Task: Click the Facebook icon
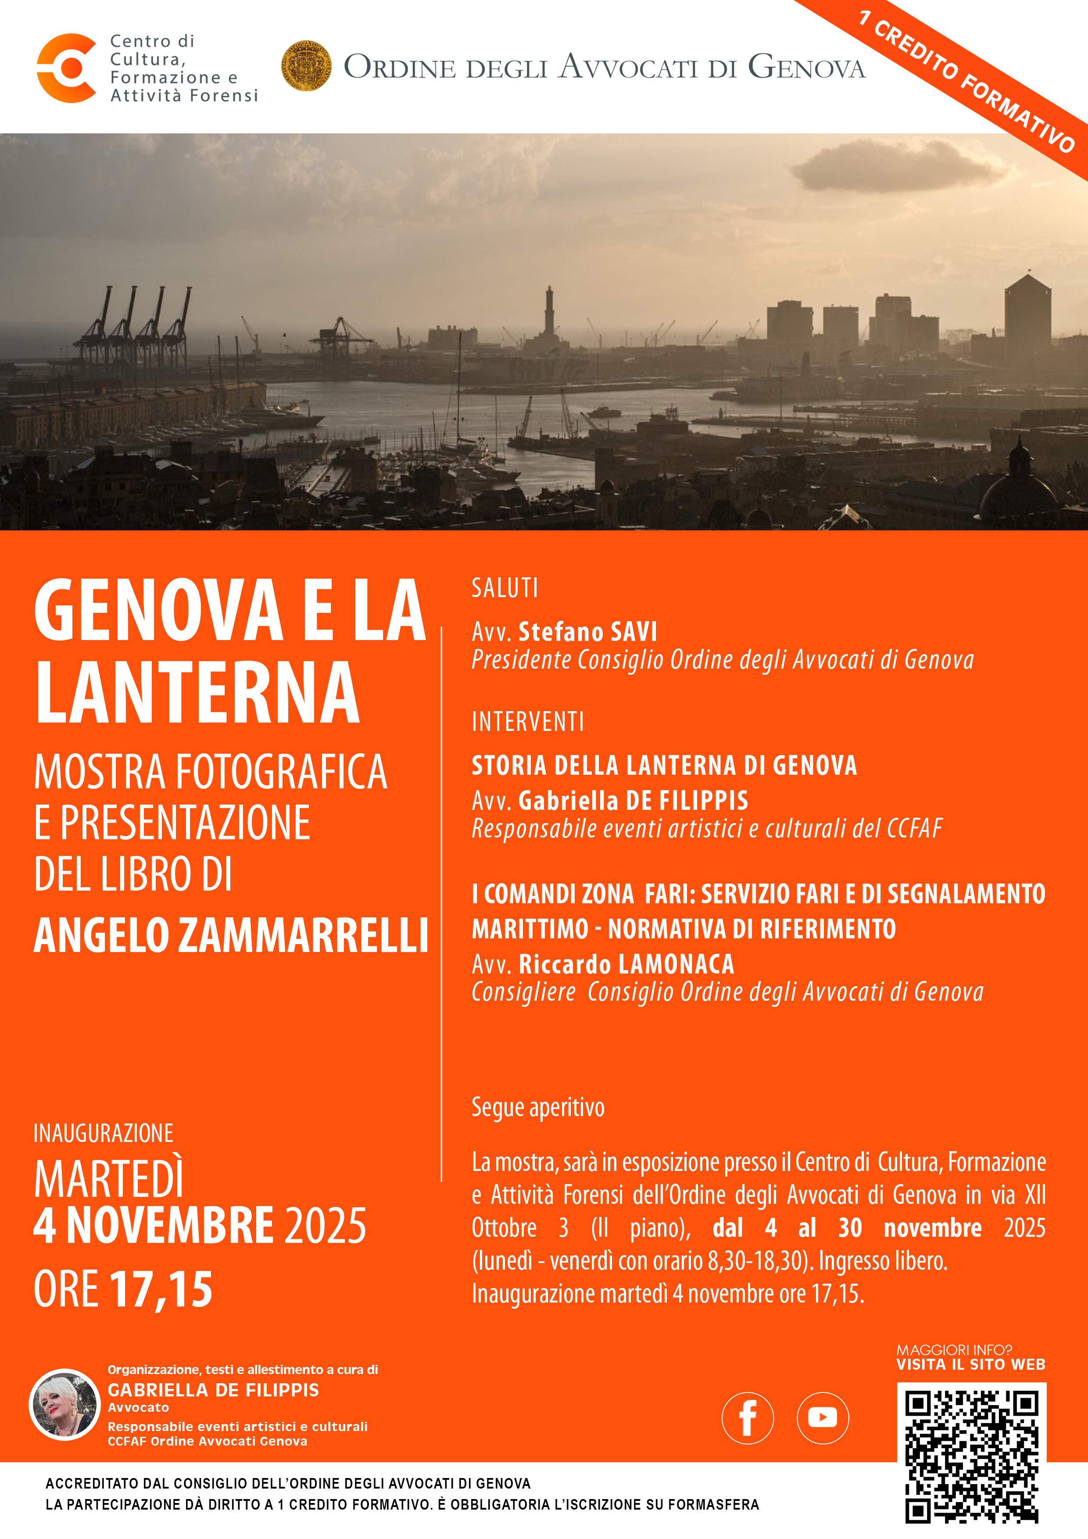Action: pos(748,1417)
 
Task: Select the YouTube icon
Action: pos(823,1417)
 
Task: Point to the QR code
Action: pos(971,1456)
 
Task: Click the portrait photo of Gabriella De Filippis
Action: pos(64,1405)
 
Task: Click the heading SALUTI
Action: pos(505,588)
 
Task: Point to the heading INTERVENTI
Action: pos(528,722)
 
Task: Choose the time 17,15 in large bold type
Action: pos(161,1289)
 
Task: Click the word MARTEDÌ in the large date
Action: pos(109,1179)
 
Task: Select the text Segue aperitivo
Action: pos(537,1107)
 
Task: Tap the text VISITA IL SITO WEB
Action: pos(971,1365)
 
